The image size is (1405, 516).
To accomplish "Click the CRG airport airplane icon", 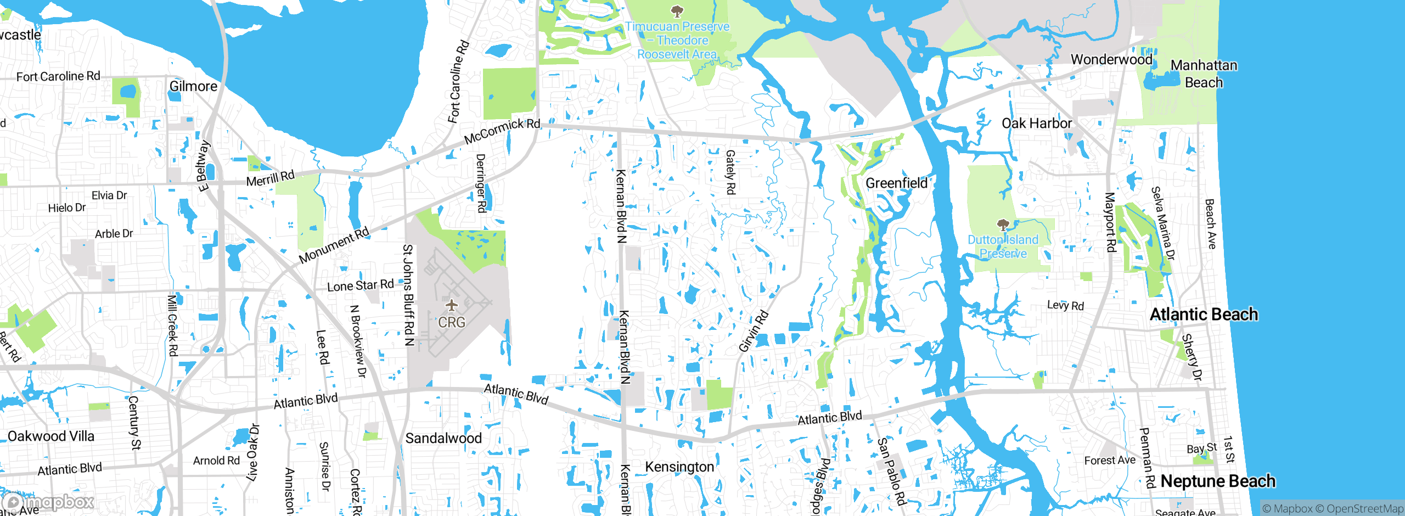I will click(451, 305).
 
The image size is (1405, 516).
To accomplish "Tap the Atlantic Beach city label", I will click(1204, 314).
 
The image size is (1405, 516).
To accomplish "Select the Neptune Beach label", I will click(1218, 481).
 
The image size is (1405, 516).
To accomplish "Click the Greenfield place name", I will click(896, 183).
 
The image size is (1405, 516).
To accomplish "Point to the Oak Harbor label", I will click(1036, 123).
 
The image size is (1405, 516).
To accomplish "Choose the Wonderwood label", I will click(1111, 59).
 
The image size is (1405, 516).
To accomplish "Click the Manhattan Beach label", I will click(1204, 74).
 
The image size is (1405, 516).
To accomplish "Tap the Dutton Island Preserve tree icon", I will click(1003, 225).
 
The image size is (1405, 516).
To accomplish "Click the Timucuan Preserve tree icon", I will click(677, 10).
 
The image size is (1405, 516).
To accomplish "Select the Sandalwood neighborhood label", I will click(443, 438).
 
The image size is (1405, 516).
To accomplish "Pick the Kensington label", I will click(679, 467).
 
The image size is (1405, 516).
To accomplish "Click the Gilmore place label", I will click(193, 86).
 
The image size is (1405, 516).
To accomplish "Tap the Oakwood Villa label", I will click(51, 436).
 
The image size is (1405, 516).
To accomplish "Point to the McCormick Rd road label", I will click(502, 131).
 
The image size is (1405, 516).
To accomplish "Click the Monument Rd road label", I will click(334, 245).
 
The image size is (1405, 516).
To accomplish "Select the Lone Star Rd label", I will click(361, 285).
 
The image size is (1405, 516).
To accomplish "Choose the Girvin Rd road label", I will click(754, 331).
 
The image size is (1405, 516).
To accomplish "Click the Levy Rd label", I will click(1065, 305).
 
